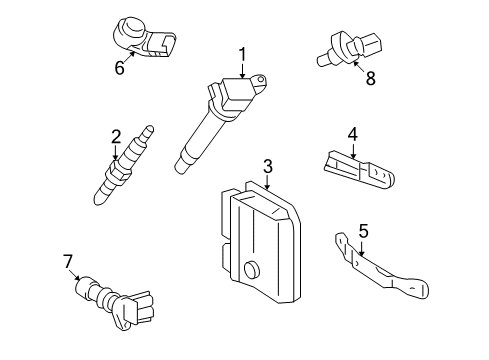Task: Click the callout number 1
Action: (x=241, y=54)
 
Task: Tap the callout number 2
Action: (x=116, y=136)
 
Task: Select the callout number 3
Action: (x=267, y=166)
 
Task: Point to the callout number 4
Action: (x=352, y=133)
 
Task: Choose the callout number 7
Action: (x=68, y=261)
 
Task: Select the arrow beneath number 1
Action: (x=241, y=68)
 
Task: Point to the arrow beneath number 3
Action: (x=267, y=181)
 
